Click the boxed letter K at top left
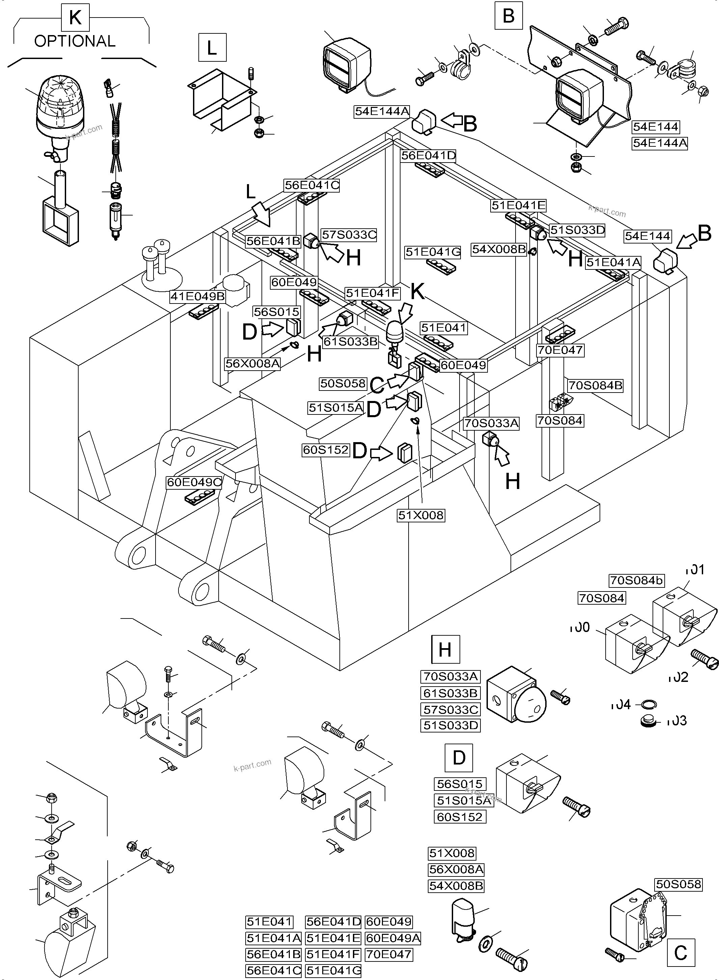[x=75, y=18]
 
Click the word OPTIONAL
[x=75, y=41]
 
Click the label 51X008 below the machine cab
[x=421, y=515]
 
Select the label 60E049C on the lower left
[x=194, y=482]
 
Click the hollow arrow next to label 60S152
[x=382, y=454]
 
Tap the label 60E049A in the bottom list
[x=393, y=938]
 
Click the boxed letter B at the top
[x=508, y=16]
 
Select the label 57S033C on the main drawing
[x=349, y=235]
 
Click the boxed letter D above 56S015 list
[x=459, y=758]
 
